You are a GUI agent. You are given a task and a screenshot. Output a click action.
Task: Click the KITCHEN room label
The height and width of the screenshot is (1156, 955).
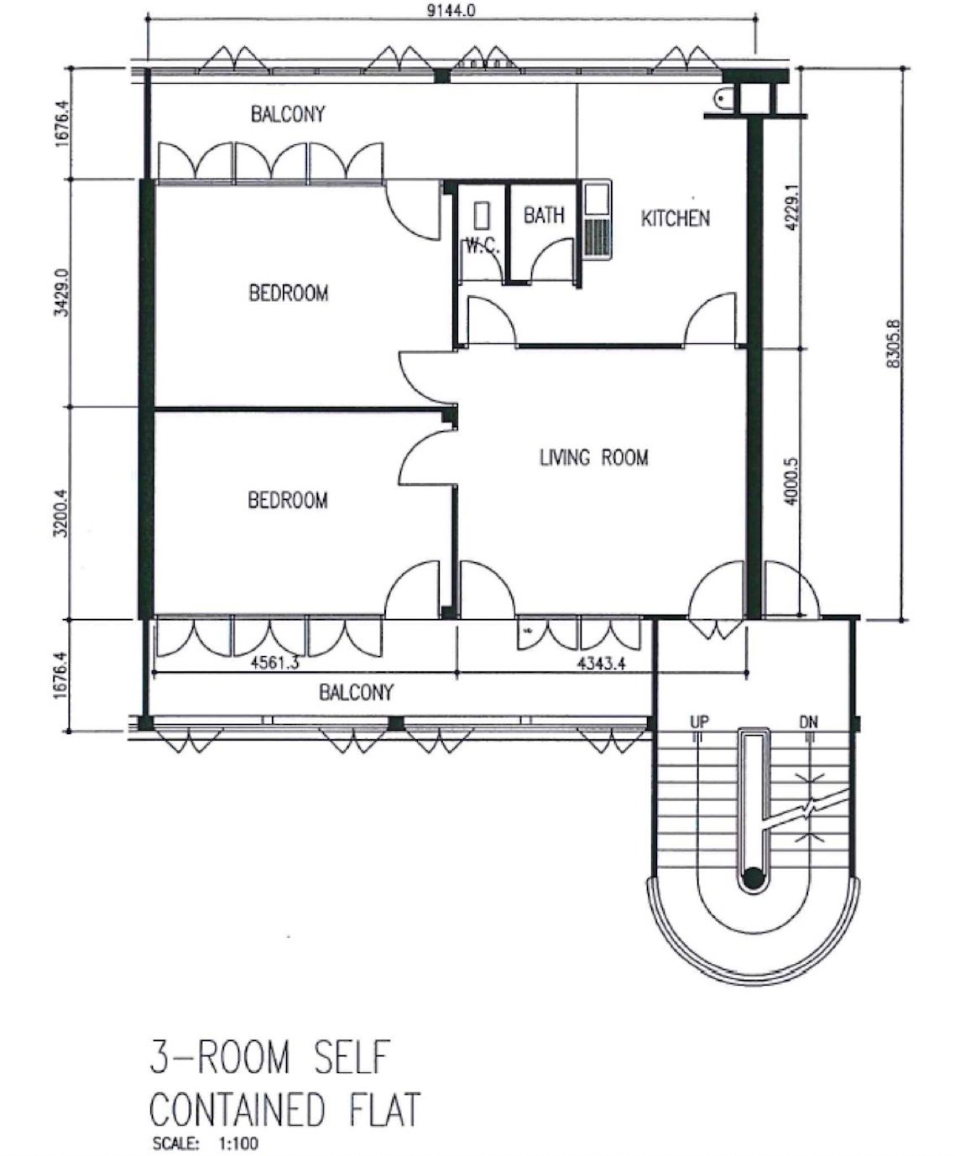675,218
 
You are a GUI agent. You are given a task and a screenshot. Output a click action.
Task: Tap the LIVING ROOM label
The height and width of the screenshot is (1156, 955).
594,457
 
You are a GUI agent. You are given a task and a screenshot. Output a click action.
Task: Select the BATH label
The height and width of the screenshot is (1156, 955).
544,215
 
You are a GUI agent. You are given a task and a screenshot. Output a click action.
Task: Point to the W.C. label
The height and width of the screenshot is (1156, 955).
483,246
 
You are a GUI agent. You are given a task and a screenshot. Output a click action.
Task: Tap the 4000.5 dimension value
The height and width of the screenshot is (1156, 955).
791,480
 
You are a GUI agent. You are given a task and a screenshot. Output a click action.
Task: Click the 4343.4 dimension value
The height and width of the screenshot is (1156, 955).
602,663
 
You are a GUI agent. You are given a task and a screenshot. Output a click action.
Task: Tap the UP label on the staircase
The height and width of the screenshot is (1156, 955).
699,721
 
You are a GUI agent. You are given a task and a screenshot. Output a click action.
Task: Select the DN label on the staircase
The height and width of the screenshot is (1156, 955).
808,722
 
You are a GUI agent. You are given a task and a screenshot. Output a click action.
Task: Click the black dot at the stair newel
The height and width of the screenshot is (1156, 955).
752,878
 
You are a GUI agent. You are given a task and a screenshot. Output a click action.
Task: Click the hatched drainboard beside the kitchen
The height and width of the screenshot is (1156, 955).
598,238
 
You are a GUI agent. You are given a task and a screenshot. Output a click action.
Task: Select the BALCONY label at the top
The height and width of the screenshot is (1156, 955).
288,114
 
